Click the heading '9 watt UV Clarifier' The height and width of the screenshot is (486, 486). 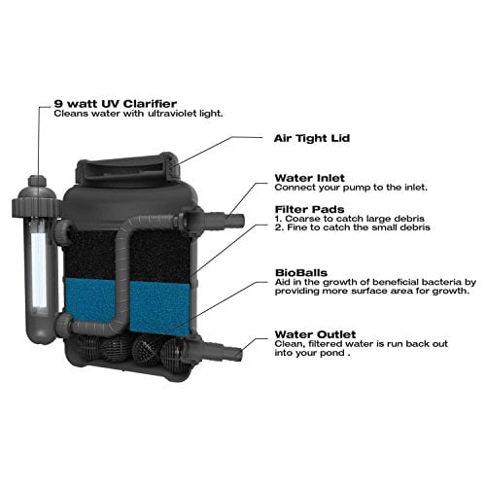[x=116, y=104]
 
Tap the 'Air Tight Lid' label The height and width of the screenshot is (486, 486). [x=312, y=138]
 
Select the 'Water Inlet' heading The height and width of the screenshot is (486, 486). [x=309, y=178]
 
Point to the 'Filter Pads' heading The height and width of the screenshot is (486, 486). [x=309, y=209]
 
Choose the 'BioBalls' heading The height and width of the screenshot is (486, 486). [x=301, y=272]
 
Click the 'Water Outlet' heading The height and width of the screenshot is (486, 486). [x=315, y=334]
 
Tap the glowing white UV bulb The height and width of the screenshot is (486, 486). [x=39, y=270]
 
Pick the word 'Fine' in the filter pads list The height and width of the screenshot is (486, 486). [x=297, y=227]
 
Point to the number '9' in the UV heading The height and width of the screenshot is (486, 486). [x=58, y=104]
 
